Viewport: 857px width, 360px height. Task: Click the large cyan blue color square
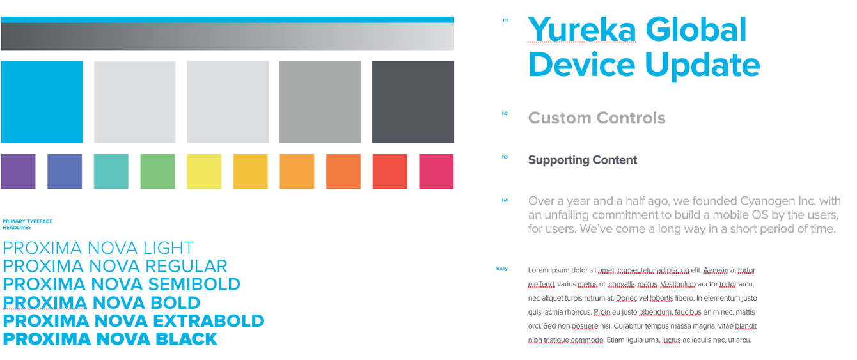point(42,102)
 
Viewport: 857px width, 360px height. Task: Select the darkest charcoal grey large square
point(413,102)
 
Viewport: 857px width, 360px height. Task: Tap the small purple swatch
point(18,171)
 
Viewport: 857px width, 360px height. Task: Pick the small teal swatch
point(111,171)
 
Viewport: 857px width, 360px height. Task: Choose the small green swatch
point(157,171)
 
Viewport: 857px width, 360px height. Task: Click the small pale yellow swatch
point(204,171)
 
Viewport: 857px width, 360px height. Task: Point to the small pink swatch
point(436,171)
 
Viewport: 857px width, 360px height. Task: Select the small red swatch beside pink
point(389,171)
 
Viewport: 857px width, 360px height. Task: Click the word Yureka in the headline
point(582,30)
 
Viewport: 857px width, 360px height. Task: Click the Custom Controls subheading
point(597,118)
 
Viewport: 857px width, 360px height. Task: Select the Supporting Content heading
point(583,160)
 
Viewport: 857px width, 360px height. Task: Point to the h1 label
point(505,20)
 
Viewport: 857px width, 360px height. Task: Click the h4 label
point(505,200)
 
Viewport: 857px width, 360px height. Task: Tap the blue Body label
point(502,269)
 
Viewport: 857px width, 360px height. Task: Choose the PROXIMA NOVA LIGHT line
point(98,248)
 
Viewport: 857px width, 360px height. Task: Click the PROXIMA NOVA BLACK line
point(110,339)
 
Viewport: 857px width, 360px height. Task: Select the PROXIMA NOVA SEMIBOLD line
point(122,284)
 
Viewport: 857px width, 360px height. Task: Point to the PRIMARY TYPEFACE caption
point(28,221)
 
